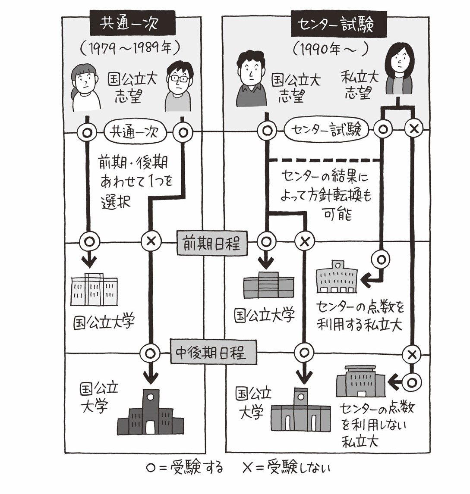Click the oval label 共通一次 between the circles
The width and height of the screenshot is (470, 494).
(135, 131)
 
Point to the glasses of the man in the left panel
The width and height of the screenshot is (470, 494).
(179, 79)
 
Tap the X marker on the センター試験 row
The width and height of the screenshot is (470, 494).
(413, 128)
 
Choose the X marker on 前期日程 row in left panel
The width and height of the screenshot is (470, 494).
(151, 242)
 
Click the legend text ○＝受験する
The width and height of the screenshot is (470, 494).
(185, 468)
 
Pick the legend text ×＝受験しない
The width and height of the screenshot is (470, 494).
(287, 468)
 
